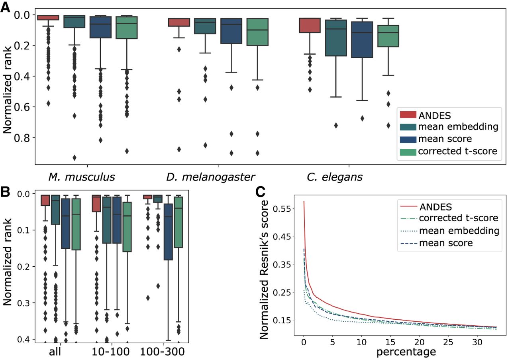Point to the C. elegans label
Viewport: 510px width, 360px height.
[x=334, y=177]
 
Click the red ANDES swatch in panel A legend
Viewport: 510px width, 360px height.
[x=408, y=115]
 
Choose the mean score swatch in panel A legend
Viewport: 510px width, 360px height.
[x=408, y=139]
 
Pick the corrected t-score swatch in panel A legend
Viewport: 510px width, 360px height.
[x=408, y=151]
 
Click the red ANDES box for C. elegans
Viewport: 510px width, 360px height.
[x=310, y=25]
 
